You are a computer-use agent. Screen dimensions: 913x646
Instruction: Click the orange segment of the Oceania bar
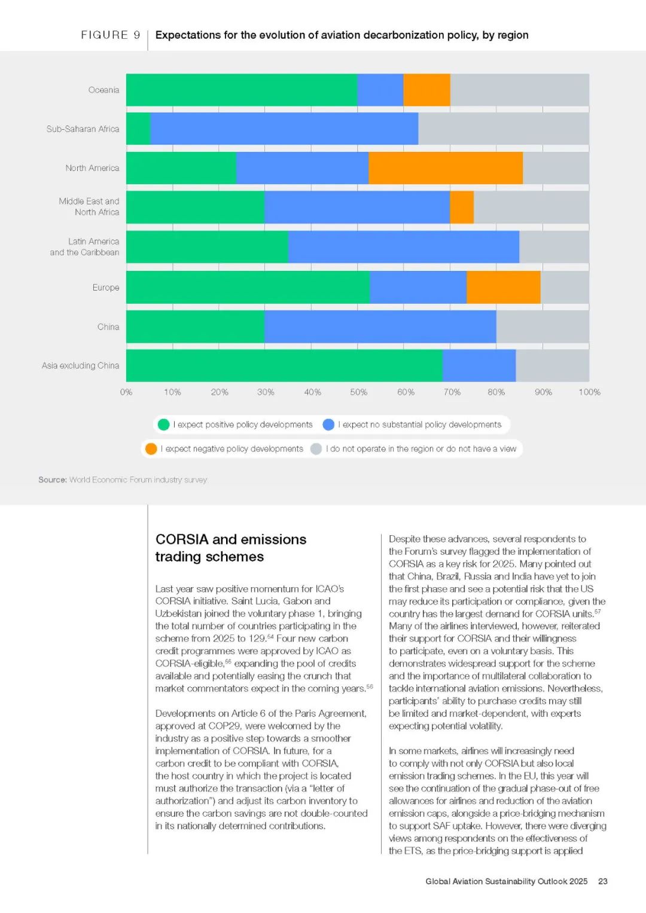tap(426, 90)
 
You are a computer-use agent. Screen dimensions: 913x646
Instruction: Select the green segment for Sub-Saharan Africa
tap(138, 129)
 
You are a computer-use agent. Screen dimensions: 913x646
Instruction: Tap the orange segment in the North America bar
tap(446, 168)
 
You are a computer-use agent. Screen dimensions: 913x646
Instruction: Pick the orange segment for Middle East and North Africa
tap(462, 207)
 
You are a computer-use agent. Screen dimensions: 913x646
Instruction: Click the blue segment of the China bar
tap(380, 326)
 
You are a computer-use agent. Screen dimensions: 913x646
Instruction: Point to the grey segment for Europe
tap(565, 287)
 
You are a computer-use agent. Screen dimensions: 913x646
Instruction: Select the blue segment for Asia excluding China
tap(479, 365)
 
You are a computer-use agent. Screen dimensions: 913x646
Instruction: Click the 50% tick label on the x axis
tap(359, 392)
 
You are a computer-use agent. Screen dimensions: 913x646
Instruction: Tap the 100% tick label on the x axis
tap(589, 392)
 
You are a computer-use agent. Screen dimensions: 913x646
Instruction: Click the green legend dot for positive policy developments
tap(163, 425)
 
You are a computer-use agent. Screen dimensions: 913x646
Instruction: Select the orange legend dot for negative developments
tap(151, 449)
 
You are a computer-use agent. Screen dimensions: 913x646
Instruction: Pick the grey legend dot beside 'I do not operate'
tap(316, 449)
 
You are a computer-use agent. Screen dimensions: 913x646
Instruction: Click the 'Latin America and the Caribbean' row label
tap(84, 247)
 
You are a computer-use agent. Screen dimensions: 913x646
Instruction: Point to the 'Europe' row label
tap(106, 288)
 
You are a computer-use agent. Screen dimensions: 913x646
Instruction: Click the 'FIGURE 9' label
tap(111, 35)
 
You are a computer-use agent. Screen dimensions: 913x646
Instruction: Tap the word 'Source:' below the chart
tap(52, 480)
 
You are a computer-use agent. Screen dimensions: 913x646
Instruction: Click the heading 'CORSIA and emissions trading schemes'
tap(230, 548)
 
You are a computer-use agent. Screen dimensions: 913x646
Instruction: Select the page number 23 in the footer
tap(603, 881)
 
